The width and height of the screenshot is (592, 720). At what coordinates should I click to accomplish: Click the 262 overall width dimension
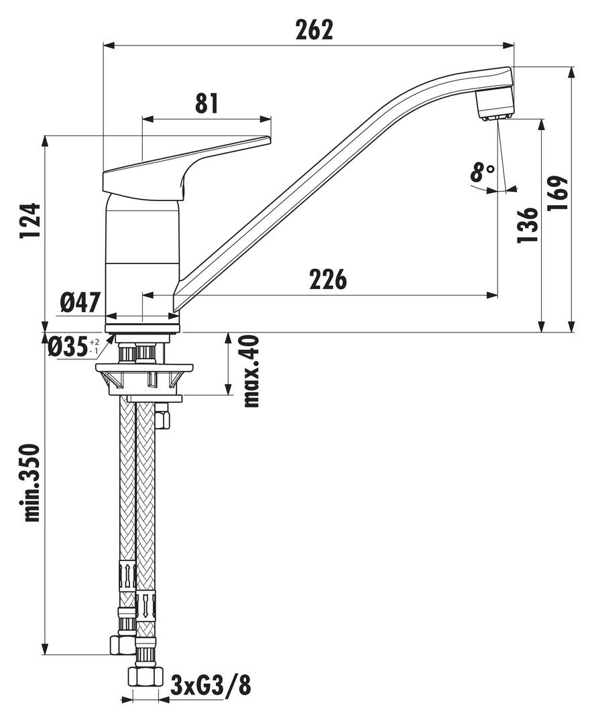coord(314,29)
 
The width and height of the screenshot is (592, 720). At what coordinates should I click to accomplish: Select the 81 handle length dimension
coord(206,103)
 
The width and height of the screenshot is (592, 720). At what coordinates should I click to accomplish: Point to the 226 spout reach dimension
coord(328,280)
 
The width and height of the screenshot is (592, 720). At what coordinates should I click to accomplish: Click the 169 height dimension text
coord(558,193)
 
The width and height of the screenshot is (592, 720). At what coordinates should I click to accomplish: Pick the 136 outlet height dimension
coord(528,225)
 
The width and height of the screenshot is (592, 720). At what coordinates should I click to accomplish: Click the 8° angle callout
coord(481,173)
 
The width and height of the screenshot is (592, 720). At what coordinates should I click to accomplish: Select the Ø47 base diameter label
coord(80,303)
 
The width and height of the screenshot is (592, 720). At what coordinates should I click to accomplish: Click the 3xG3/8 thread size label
coord(211,686)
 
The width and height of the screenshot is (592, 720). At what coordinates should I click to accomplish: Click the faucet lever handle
coord(181,168)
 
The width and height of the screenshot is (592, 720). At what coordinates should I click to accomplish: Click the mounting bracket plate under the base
coord(144,368)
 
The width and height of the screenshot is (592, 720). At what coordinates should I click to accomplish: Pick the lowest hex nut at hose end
coord(145,676)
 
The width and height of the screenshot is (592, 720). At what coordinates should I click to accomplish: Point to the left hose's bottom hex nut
coord(123,645)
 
